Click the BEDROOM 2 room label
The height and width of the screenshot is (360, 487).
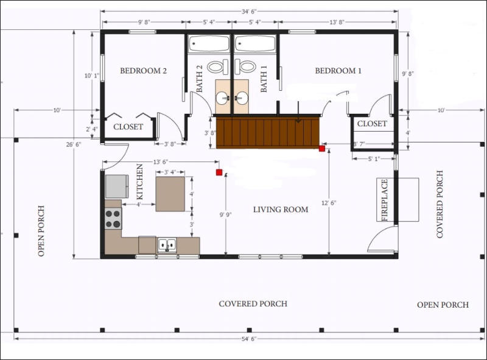(143, 71)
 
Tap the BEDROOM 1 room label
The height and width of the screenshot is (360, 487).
(338, 71)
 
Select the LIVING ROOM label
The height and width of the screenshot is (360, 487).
(281, 210)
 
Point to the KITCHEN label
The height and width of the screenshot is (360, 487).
(140, 182)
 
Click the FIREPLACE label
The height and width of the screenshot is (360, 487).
(385, 200)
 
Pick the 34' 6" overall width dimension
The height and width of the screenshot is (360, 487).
(249, 12)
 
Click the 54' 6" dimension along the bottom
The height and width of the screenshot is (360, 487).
(248, 339)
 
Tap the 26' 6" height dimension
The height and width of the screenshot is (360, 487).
(74, 144)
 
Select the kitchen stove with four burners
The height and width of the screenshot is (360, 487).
(113, 219)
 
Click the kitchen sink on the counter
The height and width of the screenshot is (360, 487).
(167, 245)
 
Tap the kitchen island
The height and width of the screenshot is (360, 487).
(170, 194)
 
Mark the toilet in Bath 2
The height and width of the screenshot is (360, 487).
(219, 67)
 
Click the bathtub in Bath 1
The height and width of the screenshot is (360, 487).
(256, 43)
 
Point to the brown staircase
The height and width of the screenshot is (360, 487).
(268, 132)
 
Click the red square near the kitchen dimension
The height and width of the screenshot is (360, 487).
(219, 172)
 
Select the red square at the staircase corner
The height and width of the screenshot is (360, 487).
(322, 149)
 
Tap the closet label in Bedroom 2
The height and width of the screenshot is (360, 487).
(128, 127)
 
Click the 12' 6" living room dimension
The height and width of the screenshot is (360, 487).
(329, 203)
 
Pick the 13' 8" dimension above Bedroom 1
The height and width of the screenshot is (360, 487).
(337, 22)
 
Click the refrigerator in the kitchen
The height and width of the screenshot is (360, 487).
(117, 186)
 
